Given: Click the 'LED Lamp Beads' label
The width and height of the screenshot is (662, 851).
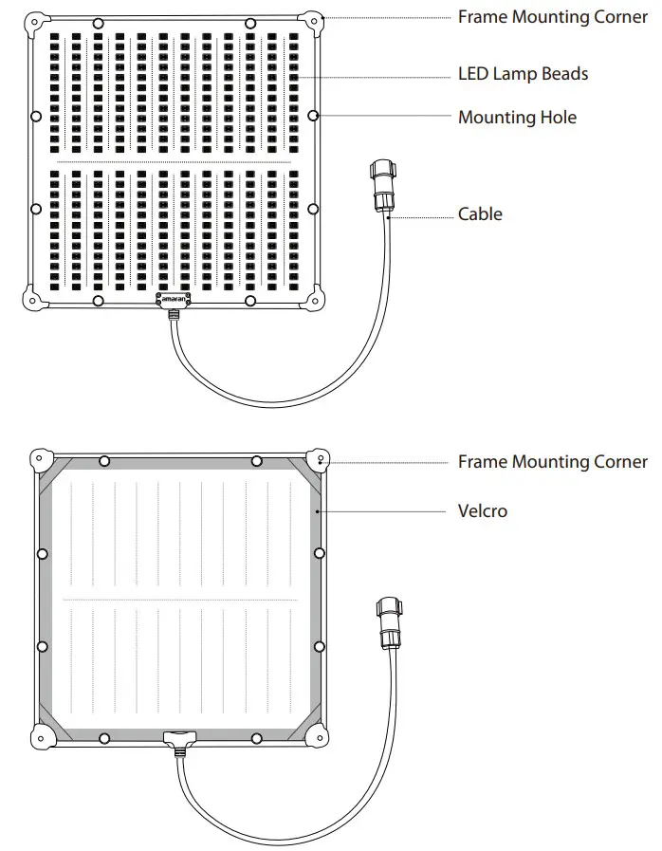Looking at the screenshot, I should [523, 73].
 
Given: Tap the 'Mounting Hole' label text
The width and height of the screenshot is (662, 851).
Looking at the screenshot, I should [517, 117].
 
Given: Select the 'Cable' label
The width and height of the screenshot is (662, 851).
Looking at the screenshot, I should [480, 213].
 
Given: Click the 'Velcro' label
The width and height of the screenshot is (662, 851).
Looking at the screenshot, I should [483, 510].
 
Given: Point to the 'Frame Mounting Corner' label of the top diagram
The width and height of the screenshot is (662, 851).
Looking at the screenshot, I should [553, 17].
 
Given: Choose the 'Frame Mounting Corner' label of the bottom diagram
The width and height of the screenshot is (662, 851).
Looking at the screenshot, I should [553, 461].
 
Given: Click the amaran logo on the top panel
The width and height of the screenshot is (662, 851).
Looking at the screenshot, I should [174, 298].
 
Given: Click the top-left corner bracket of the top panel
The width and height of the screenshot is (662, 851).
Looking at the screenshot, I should [35, 24].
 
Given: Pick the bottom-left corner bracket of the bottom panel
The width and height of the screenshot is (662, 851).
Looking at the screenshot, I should [42, 734].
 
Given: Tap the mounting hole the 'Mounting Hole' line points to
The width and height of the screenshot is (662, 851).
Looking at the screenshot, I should [313, 116].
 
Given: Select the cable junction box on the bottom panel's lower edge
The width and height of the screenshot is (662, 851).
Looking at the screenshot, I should [177, 737].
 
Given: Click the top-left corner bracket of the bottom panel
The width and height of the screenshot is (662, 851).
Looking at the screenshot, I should [42, 460].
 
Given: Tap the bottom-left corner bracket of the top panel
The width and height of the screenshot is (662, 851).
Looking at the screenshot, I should [34, 300].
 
